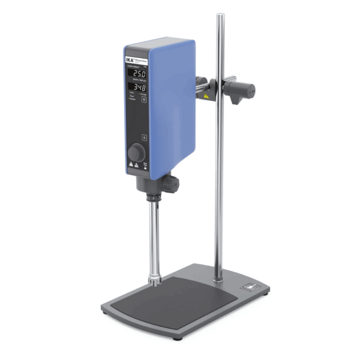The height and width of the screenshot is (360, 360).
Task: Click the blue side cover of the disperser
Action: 170,108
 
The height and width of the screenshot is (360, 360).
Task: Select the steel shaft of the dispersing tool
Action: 155,234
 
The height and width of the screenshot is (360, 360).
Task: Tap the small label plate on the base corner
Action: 249,288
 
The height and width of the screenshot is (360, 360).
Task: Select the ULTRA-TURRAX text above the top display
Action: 135,67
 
